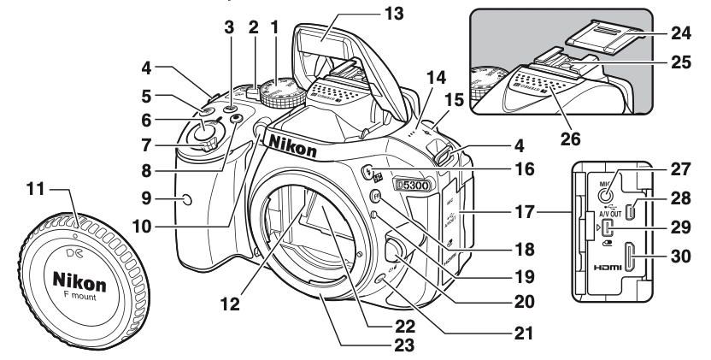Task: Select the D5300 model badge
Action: (412, 184)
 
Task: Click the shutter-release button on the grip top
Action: (203, 132)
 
